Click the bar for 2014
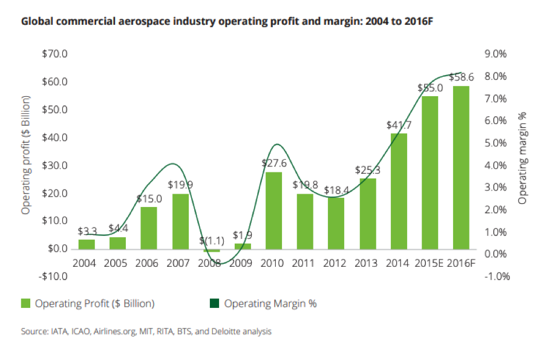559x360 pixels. coord(399,191)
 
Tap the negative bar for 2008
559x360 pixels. coord(211,250)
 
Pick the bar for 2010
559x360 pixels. coord(274,210)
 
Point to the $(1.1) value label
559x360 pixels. coord(211,241)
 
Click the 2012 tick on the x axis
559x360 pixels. coord(336,263)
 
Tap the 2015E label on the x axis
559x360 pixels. coord(430,263)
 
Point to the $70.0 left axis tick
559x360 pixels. coord(54,54)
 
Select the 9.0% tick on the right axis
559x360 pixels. coord(495,54)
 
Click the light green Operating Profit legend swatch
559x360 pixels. coord(25,304)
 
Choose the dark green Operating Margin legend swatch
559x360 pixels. coord(215,304)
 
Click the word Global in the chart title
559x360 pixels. coord(36,22)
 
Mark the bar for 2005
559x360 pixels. coord(117,242)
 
